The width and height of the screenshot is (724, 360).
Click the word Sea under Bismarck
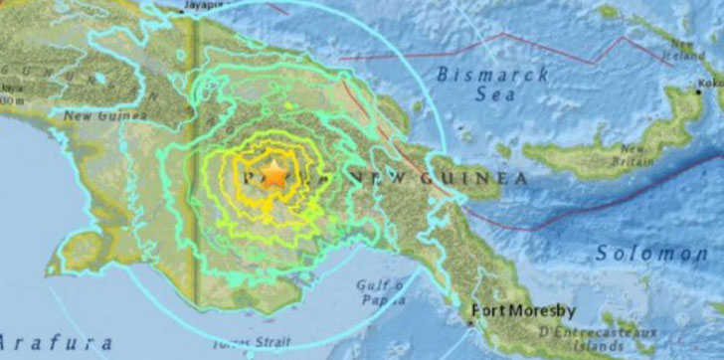point(495,94)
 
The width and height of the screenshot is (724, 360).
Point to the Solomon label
point(651,253)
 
